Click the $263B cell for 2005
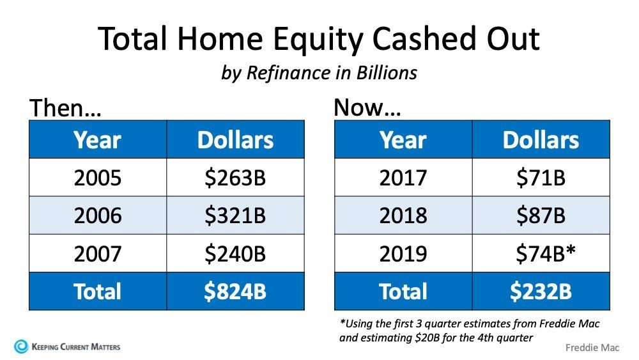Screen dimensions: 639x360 [x=235, y=178]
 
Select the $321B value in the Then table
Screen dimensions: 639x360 [x=235, y=215]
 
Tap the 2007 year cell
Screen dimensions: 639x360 [x=98, y=253]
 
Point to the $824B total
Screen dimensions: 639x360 [x=235, y=292]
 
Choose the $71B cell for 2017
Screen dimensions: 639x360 [x=541, y=178]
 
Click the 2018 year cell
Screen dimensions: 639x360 [x=403, y=215]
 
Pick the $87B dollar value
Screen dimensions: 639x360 [x=541, y=215]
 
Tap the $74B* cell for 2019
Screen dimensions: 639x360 [x=541, y=253]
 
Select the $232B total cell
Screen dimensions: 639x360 [x=541, y=292]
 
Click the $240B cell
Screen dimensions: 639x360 [x=235, y=253]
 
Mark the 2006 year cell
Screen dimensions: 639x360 [x=98, y=215]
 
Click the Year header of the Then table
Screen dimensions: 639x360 [x=98, y=140]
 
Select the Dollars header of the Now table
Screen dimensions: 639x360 [x=541, y=140]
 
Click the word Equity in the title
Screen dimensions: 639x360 [x=318, y=40]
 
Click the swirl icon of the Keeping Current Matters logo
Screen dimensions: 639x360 [x=21, y=347]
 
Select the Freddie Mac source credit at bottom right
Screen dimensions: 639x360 [x=592, y=348]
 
